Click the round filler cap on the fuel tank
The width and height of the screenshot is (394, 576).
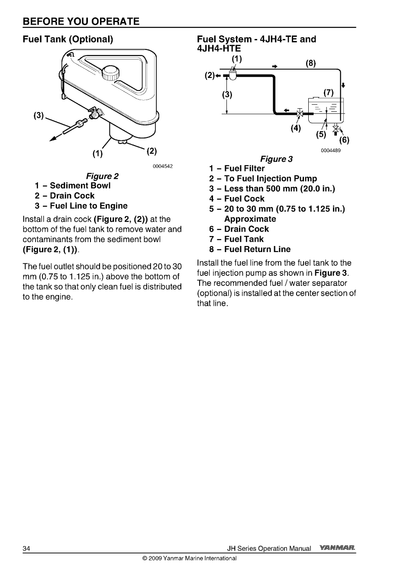click(x=110, y=71)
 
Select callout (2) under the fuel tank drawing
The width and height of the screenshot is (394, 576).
click(x=151, y=151)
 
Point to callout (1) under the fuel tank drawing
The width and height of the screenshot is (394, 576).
click(x=98, y=153)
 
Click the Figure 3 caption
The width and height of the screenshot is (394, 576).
click(x=276, y=159)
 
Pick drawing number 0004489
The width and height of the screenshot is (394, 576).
click(x=331, y=151)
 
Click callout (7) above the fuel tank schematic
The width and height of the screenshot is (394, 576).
click(x=329, y=92)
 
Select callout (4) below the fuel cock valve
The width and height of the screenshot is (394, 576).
click(x=296, y=129)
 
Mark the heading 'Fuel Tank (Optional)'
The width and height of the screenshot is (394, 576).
click(x=68, y=39)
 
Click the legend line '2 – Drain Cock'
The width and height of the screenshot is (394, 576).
click(x=65, y=196)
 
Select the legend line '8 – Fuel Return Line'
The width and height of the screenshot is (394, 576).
click(x=250, y=249)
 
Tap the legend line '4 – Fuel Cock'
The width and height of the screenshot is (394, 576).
click(x=237, y=199)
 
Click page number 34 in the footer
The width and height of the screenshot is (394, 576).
click(x=26, y=549)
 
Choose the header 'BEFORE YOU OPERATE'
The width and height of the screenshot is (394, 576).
click(x=81, y=21)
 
